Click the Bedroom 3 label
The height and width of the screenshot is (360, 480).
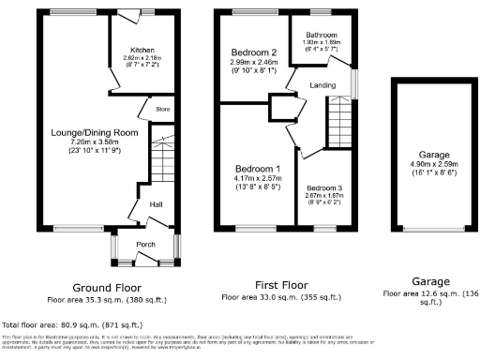click(x=324, y=188)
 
